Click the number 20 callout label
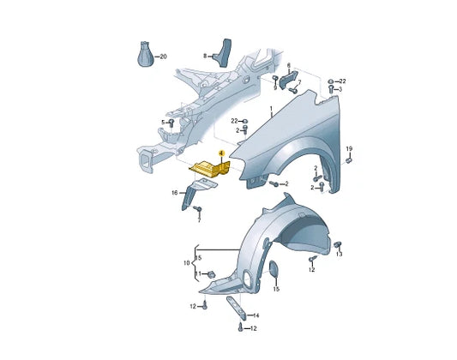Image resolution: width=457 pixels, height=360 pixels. (x=164, y=57)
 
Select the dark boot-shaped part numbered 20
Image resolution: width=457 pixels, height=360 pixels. (x=146, y=54)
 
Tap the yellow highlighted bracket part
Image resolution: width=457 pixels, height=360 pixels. (x=210, y=169)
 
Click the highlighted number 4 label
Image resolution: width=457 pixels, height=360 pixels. (x=221, y=153)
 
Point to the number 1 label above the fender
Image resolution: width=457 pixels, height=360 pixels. (x=271, y=109)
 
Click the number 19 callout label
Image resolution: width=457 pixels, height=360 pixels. (x=349, y=149)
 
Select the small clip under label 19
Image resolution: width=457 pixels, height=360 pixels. (x=349, y=160)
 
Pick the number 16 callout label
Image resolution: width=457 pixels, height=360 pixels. (x=175, y=193)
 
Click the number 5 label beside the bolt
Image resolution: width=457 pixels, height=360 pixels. (x=163, y=123)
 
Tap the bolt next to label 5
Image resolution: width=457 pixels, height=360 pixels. (x=171, y=123)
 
